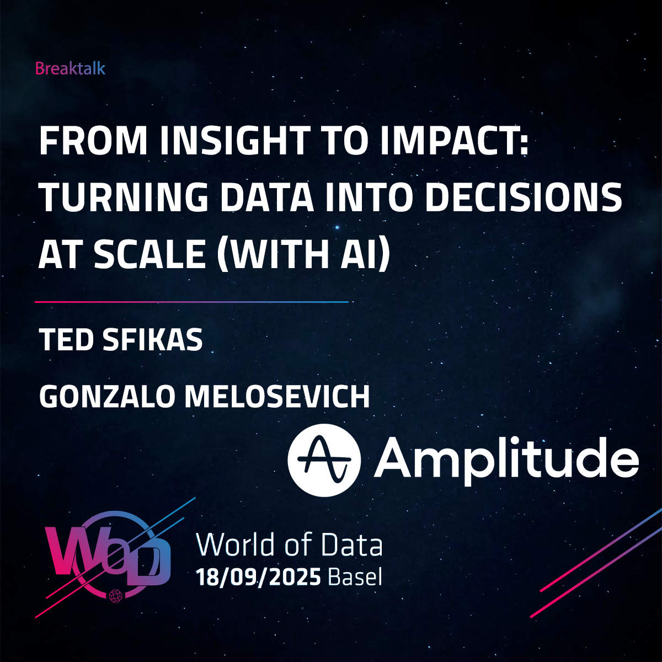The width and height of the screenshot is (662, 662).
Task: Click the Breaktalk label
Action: pos(70,69)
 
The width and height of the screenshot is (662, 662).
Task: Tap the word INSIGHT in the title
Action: pos(234,141)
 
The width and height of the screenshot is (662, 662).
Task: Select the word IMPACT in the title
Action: pos(454,141)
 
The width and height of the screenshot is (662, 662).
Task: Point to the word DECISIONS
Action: pos(524,197)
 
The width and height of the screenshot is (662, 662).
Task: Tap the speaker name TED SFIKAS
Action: pos(121,339)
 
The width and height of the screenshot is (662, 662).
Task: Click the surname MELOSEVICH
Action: pos(277,396)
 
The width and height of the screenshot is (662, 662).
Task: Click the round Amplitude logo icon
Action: pos(324,460)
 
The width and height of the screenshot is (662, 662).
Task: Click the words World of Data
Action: pos(289,544)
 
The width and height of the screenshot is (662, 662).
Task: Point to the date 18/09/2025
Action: pos(258,578)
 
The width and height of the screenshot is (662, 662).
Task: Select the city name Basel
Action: pos(355,577)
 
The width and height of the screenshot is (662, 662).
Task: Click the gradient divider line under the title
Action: pos(191,302)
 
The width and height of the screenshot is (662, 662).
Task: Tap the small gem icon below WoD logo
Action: pos(115,596)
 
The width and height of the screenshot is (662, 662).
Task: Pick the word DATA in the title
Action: pos(267,197)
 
